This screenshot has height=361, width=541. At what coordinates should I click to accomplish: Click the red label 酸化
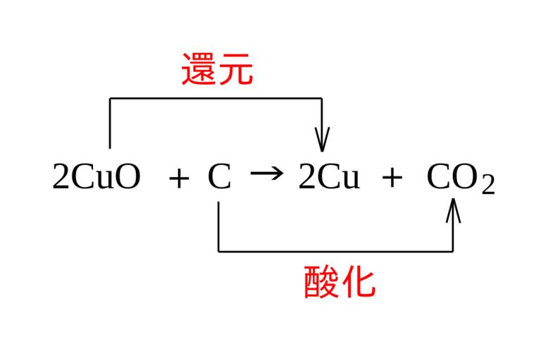[x=340, y=281]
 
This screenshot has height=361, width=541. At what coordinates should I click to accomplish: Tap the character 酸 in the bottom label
[x=321, y=281]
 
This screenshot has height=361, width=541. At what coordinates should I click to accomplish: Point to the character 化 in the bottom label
[x=358, y=281]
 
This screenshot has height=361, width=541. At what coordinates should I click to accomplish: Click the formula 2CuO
[x=96, y=178]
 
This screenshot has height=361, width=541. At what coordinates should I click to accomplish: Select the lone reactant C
[x=219, y=178]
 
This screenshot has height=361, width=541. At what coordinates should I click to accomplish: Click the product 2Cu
[x=328, y=178]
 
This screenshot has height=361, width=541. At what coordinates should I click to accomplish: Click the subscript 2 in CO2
[x=488, y=185]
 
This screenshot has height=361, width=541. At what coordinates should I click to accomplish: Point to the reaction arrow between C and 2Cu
[x=266, y=173]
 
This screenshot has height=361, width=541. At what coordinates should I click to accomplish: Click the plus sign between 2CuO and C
[x=179, y=179]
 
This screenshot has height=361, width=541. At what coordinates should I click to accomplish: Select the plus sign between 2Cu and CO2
[x=392, y=179]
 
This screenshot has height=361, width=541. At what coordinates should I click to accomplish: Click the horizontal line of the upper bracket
[x=216, y=98]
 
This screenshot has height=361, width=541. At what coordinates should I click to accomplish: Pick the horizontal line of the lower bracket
[x=335, y=251]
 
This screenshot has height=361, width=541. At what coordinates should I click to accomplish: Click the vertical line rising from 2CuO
[x=110, y=123]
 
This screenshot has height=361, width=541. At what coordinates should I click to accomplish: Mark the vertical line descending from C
[x=218, y=226]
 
